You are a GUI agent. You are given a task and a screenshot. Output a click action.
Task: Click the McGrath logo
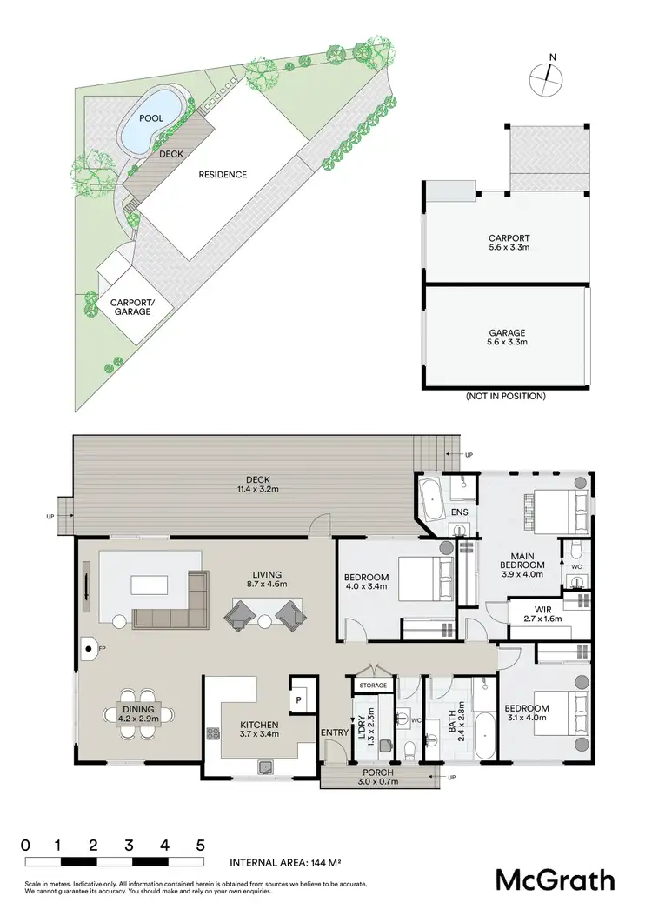(x=555, y=880)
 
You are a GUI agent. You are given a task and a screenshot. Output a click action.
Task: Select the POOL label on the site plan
(x=151, y=119)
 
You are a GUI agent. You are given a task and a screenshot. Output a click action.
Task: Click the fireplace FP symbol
(x=90, y=647)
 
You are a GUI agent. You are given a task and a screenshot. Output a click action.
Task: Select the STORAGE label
(x=373, y=686)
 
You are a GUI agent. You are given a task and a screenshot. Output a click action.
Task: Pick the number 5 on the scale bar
(x=200, y=845)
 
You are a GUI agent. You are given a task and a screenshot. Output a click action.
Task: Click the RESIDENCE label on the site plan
(x=223, y=174)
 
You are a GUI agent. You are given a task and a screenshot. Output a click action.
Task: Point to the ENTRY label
(x=333, y=733)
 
